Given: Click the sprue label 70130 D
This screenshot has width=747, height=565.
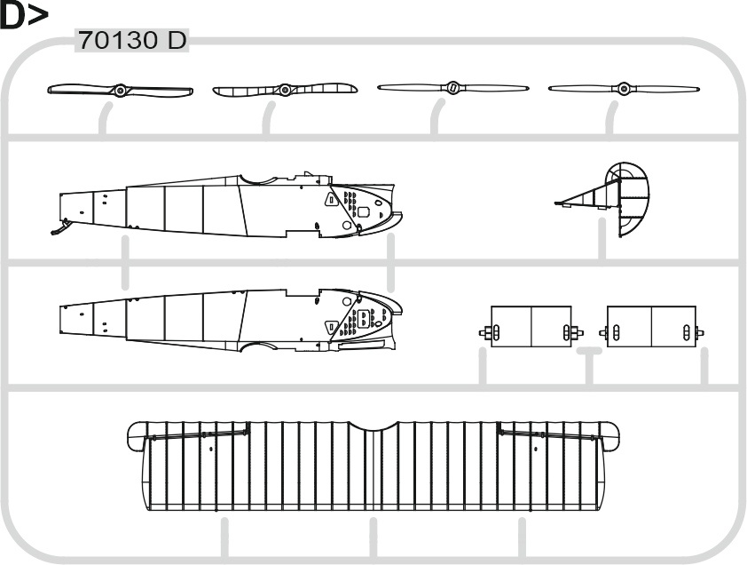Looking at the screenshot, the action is pos(132,40).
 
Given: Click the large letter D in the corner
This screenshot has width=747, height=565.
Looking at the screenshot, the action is pos(12,15).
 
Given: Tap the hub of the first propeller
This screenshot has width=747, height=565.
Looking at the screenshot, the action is pos(120,91).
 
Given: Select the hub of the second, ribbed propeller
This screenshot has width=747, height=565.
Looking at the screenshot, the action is pos(285,90).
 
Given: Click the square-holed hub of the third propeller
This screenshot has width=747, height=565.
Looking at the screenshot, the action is pos(452,87).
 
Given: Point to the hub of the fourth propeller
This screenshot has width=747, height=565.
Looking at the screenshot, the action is pos(624,88).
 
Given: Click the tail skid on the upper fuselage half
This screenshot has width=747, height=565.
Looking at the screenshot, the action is pos(60,227).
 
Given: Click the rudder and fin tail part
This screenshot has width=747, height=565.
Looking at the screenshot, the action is pos(615,198).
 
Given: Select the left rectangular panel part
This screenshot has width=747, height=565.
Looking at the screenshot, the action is pos(531,326).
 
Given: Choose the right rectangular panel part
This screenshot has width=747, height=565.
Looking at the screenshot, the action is pos(651,326).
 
